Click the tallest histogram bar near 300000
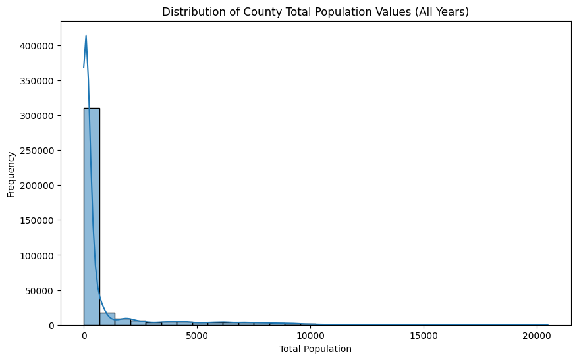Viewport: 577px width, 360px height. pos(92,217)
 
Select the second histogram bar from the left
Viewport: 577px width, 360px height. pos(107,319)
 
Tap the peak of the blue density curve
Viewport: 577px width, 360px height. pos(86,36)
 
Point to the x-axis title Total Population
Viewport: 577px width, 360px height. pos(316,349)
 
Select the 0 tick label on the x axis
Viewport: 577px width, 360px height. pos(84,336)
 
